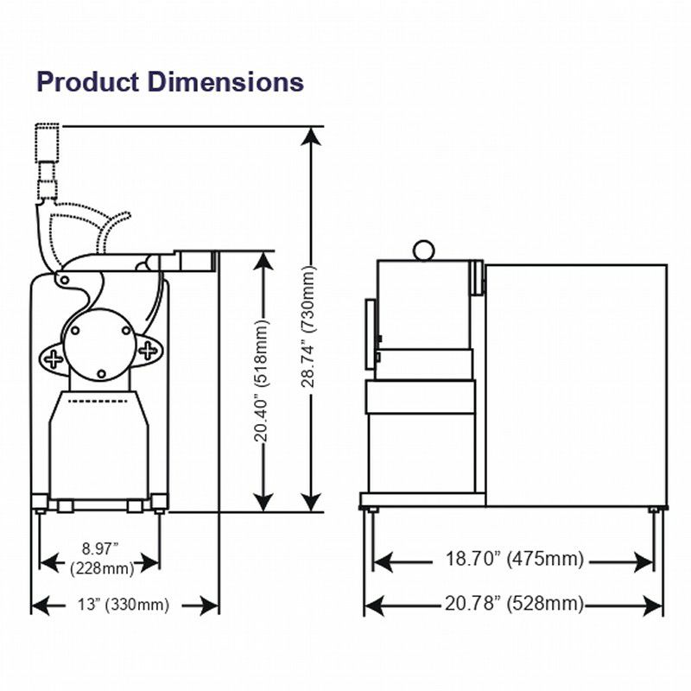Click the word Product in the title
click(88, 82)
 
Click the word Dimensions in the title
click(225, 82)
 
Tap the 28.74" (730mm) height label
click(308, 326)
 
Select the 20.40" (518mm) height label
click(261, 381)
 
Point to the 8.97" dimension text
click(100, 549)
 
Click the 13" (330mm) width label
click(124, 604)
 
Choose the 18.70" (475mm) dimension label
click(514, 559)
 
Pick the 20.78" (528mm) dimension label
click(514, 603)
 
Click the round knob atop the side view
click(423, 250)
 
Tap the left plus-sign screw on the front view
click(54, 358)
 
